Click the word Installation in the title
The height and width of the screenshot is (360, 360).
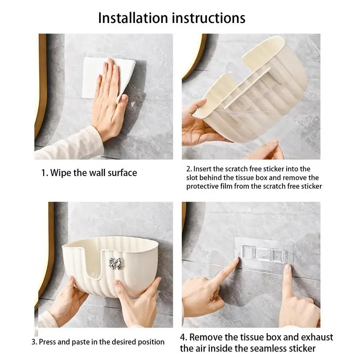pos(133,18)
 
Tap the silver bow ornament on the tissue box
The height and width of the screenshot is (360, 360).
pos(115,263)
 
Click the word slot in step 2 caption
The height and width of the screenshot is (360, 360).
pos(192,178)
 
